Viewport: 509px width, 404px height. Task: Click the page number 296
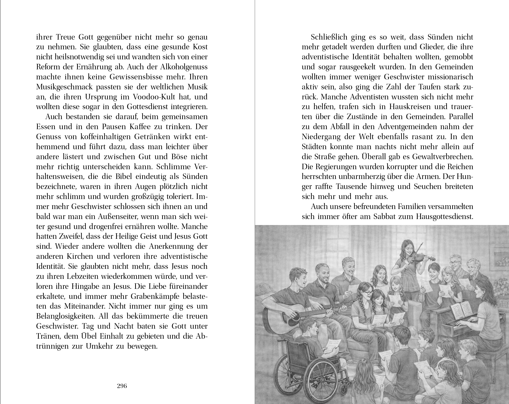pos(122,386)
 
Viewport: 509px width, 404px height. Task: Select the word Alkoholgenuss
pos(182,67)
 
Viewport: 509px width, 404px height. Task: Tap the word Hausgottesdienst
pos(444,216)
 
